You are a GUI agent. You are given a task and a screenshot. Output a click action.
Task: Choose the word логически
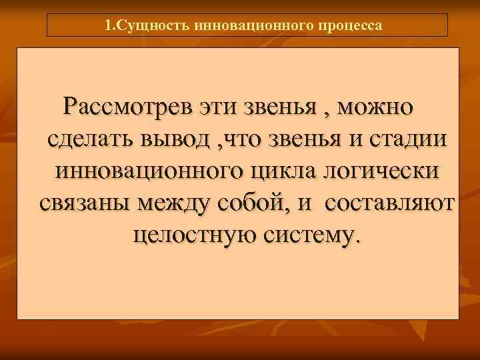pos(382,171)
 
